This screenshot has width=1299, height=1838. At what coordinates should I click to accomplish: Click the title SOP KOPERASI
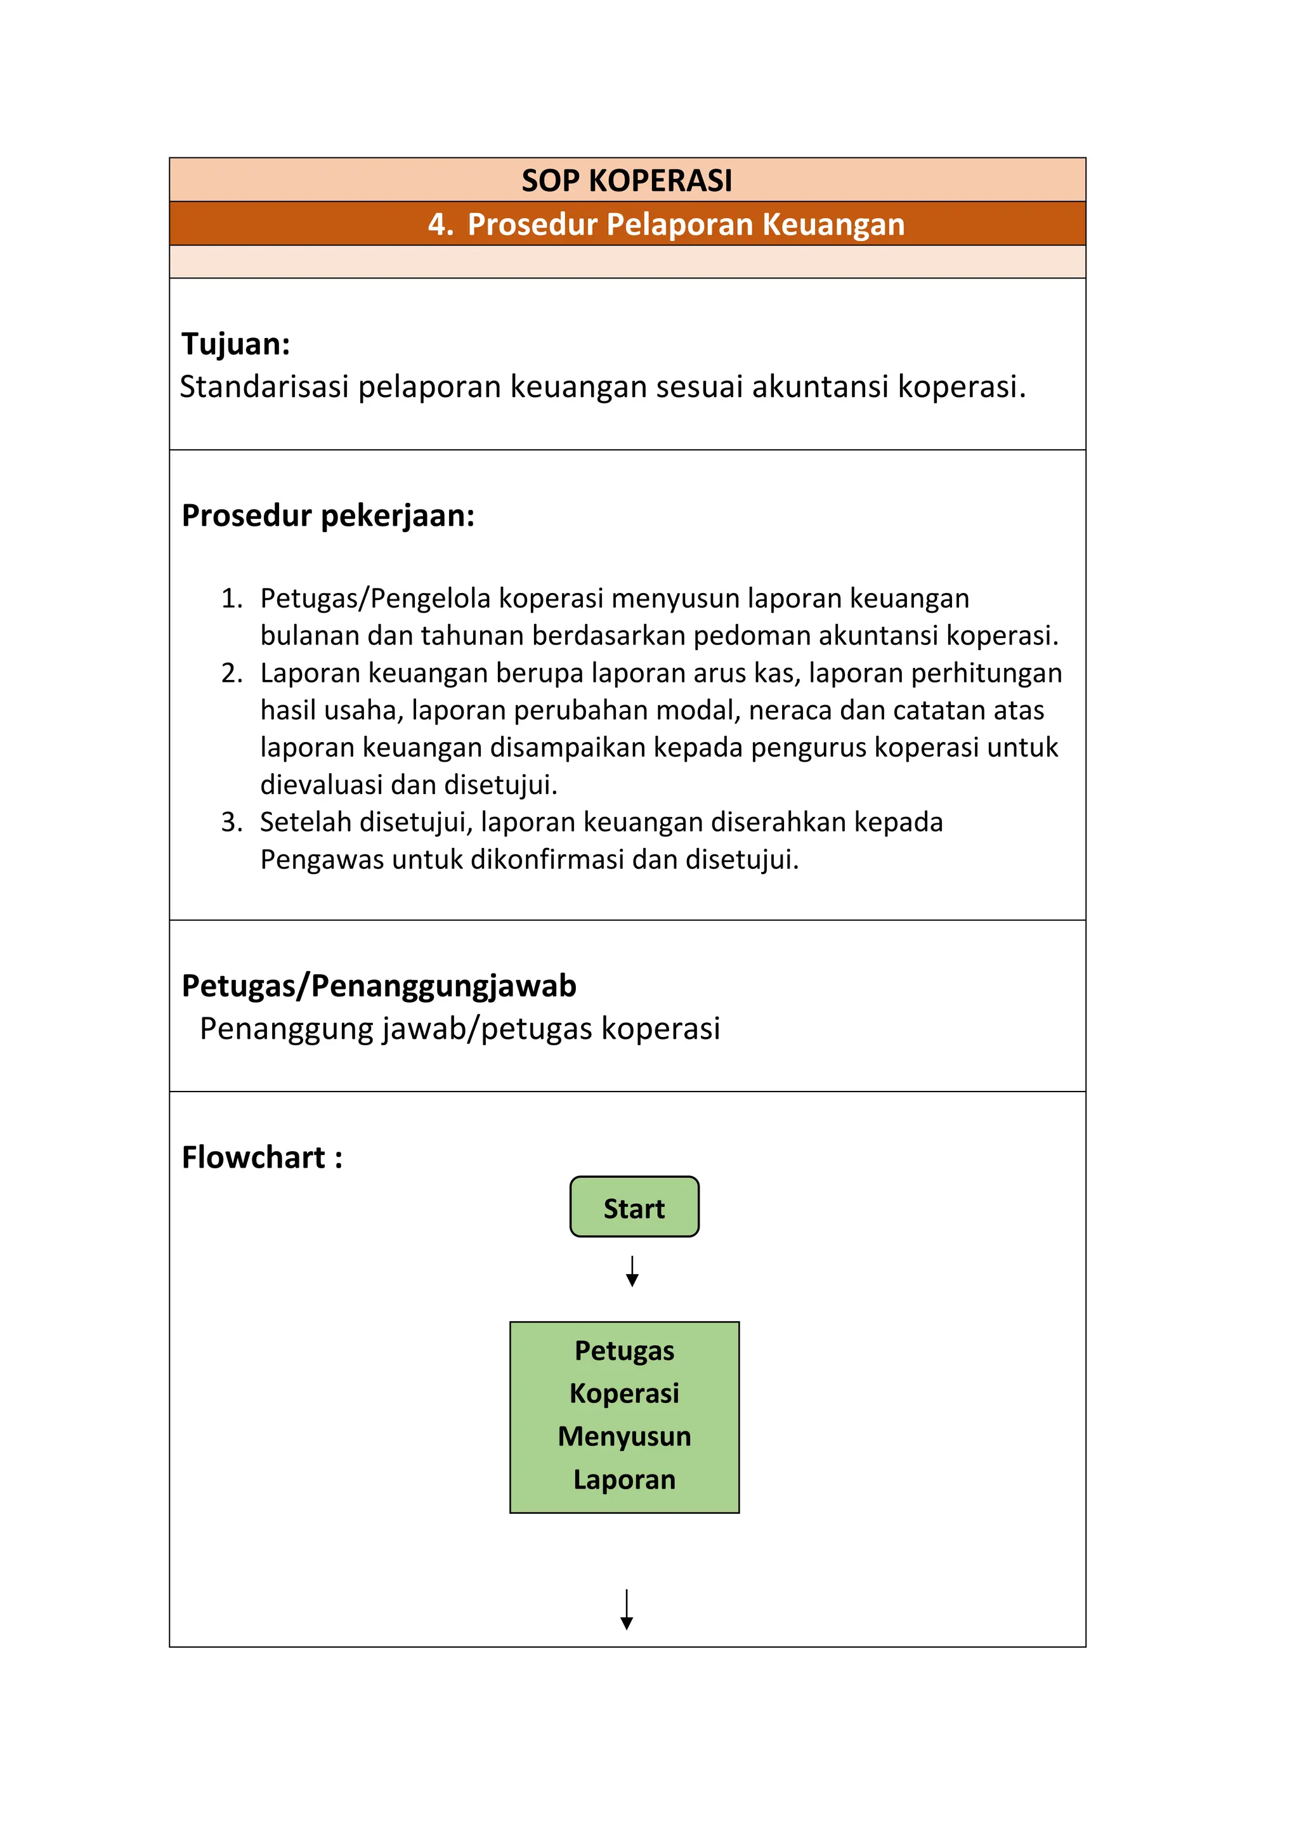pyautogui.click(x=627, y=180)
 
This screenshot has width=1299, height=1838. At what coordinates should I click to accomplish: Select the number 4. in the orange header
pyautogui.click(x=440, y=224)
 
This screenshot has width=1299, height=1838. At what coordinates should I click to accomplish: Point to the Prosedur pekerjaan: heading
pyautogui.click(x=328, y=516)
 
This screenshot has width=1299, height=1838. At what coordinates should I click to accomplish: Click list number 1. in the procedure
pyautogui.click(x=232, y=598)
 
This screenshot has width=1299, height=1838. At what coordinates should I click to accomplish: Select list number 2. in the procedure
pyautogui.click(x=232, y=674)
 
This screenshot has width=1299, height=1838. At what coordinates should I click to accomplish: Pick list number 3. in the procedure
pyautogui.click(x=232, y=822)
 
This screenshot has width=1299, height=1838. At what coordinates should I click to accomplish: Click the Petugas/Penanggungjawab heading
pyautogui.click(x=379, y=986)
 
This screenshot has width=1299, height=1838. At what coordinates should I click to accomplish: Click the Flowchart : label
pyautogui.click(x=262, y=1157)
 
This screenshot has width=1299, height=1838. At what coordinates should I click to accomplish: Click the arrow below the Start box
pyautogui.click(x=632, y=1271)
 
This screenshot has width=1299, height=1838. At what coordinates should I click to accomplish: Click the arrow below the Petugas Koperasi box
pyautogui.click(x=627, y=1609)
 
